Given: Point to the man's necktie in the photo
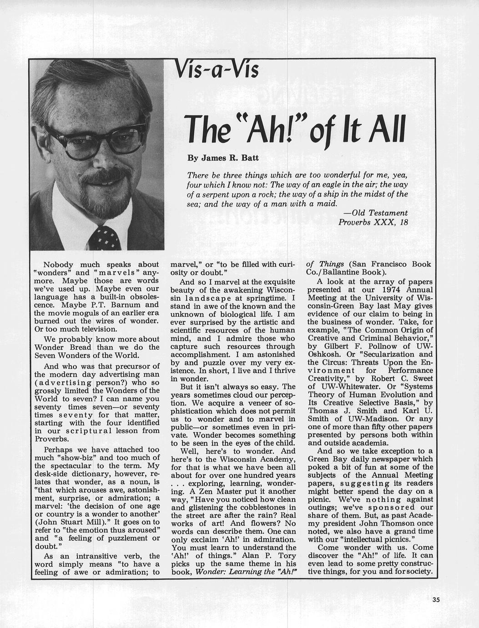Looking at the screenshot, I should tap(105, 238).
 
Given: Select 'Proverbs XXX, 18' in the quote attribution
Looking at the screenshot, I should tap(373, 222).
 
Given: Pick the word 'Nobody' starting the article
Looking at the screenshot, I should tap(58, 264).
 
